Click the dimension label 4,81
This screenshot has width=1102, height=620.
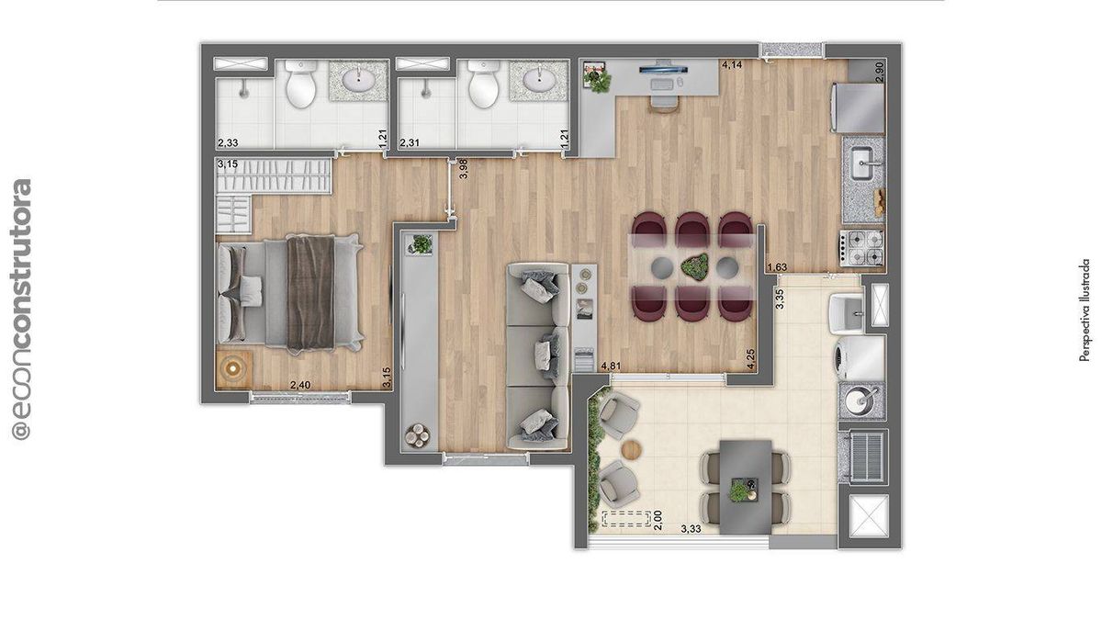(611, 366)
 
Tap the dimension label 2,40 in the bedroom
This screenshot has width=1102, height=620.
(300, 385)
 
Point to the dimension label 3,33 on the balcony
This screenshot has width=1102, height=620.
(691, 529)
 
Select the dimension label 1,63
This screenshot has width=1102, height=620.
(777, 267)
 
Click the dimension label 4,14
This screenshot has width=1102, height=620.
(732, 64)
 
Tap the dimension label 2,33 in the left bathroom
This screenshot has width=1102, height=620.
(228, 142)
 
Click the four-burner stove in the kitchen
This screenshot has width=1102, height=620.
(861, 248)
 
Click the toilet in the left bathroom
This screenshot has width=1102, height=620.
(300, 84)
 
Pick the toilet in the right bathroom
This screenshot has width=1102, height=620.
(483, 84)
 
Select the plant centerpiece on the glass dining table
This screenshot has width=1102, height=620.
(694, 267)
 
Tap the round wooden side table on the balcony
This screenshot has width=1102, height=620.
(631, 450)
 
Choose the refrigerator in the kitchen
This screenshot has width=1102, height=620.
(858, 108)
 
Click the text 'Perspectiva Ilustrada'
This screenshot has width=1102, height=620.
(1085, 310)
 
